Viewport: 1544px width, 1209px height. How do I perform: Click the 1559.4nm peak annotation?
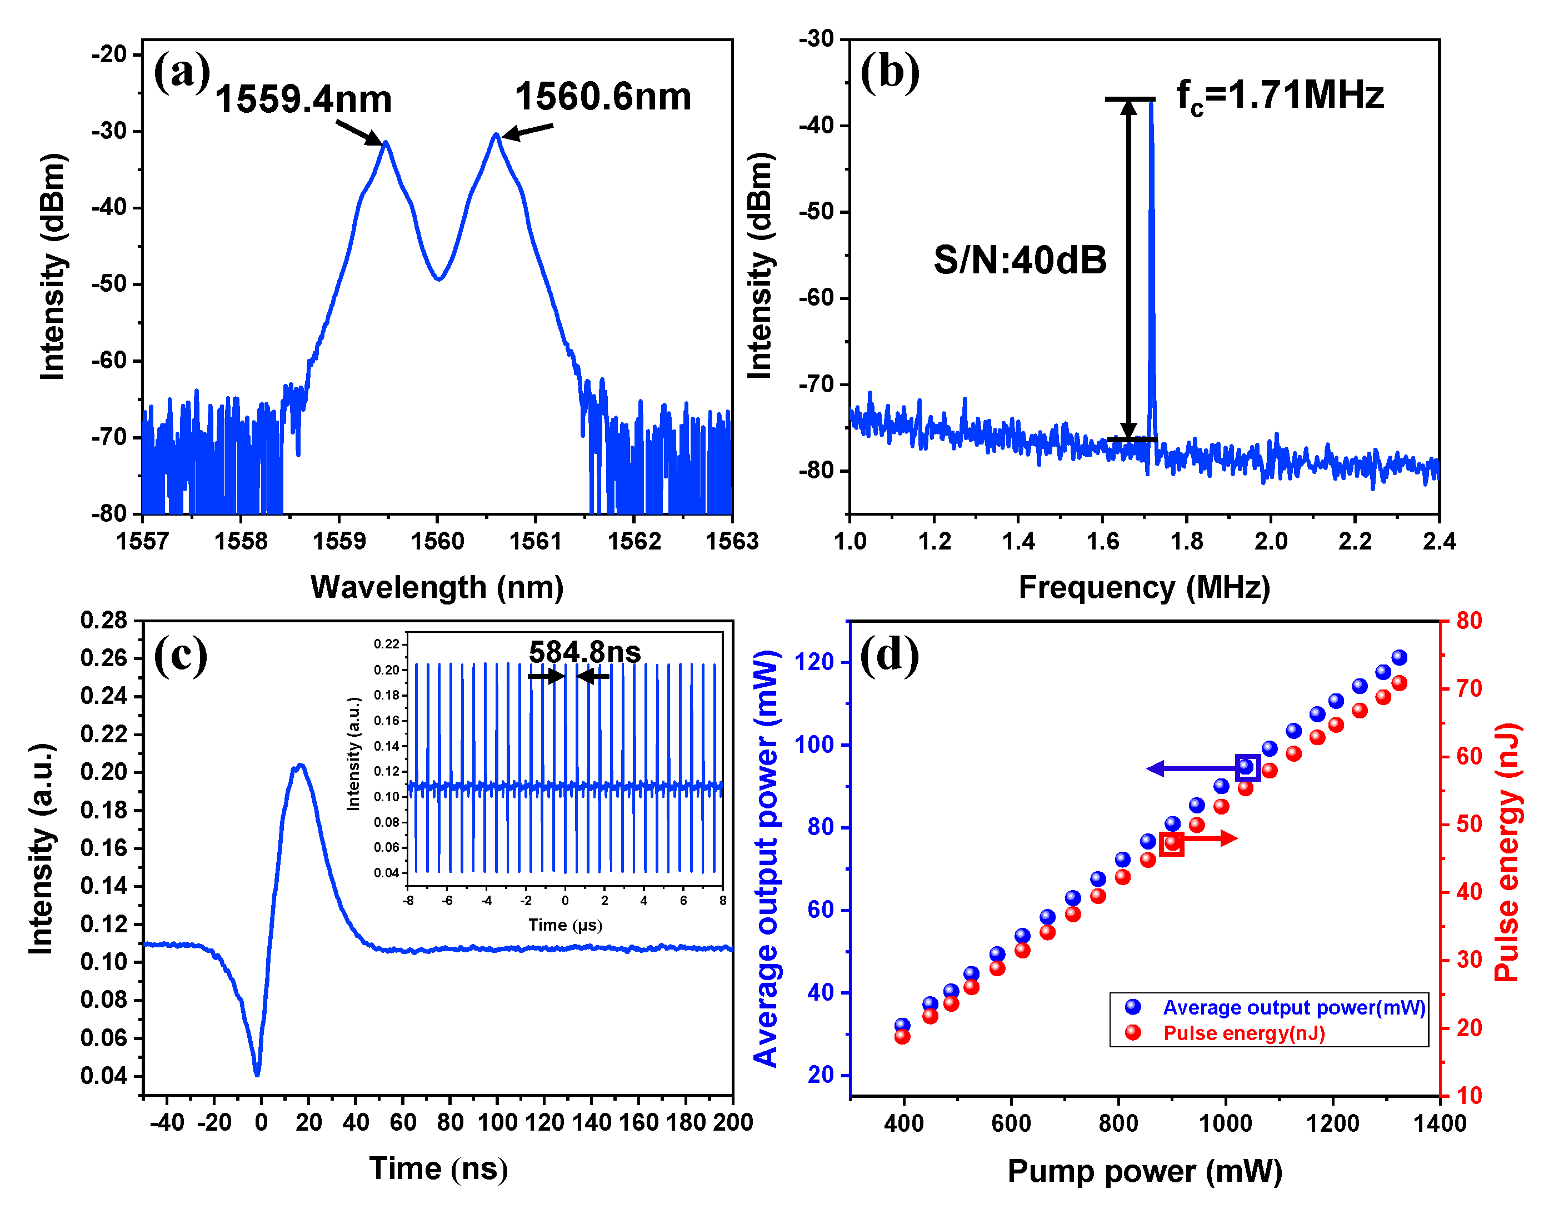[303, 99]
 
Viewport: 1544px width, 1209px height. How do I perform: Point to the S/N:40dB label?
[1020, 260]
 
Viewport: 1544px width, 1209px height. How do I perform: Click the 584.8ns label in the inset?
[584, 652]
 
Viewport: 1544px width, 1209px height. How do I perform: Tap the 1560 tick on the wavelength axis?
[437, 542]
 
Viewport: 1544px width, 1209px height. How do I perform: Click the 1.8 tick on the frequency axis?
[1187, 542]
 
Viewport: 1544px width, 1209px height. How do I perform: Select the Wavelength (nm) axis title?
[437, 587]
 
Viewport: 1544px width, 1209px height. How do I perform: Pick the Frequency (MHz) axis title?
[1144, 587]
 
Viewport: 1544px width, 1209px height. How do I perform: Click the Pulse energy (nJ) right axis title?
[1507, 852]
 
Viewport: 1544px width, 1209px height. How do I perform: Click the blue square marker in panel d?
[1247, 767]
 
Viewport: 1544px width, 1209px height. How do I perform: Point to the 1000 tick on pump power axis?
[1225, 1123]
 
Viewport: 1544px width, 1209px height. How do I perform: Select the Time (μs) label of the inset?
[565, 925]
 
